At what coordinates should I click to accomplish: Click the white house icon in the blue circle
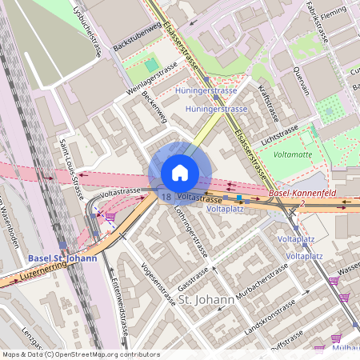coord(180,173)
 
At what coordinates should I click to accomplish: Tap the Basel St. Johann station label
coord(62,258)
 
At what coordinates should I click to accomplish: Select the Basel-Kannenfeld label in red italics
coord(302,194)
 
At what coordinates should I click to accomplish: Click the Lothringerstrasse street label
coord(192,230)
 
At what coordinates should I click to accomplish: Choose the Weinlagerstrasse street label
coord(151,81)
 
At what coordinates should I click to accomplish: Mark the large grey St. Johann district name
coord(206,300)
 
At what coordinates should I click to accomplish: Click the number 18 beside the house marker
coord(166,195)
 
